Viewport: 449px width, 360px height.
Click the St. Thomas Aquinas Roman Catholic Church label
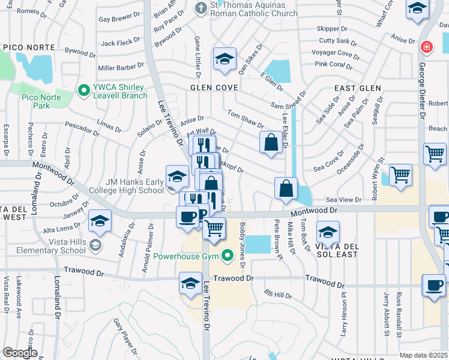click(253, 9)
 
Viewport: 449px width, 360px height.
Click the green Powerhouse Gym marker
click(226, 256)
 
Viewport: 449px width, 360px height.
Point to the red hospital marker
click(426, 46)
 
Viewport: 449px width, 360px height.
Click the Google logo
click(19, 353)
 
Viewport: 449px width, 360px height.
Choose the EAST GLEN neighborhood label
click(358, 88)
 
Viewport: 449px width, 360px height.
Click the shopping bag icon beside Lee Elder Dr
click(271, 142)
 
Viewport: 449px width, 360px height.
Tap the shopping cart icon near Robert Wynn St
click(400, 175)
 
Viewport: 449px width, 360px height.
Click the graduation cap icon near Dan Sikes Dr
click(224, 59)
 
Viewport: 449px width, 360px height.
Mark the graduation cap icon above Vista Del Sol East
click(328, 232)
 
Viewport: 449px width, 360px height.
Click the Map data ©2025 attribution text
click(423, 355)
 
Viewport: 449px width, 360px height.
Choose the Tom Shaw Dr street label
click(246, 119)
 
